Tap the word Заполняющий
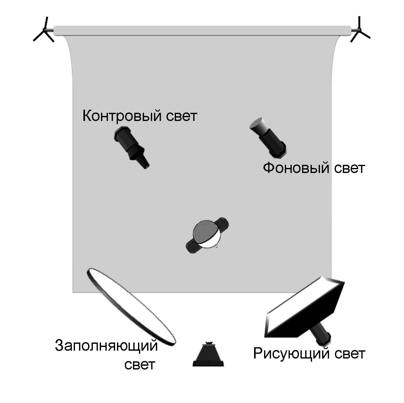click(106, 346)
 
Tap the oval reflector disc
click(131, 307)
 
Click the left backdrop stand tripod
click(44, 31)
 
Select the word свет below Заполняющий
click(140, 365)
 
